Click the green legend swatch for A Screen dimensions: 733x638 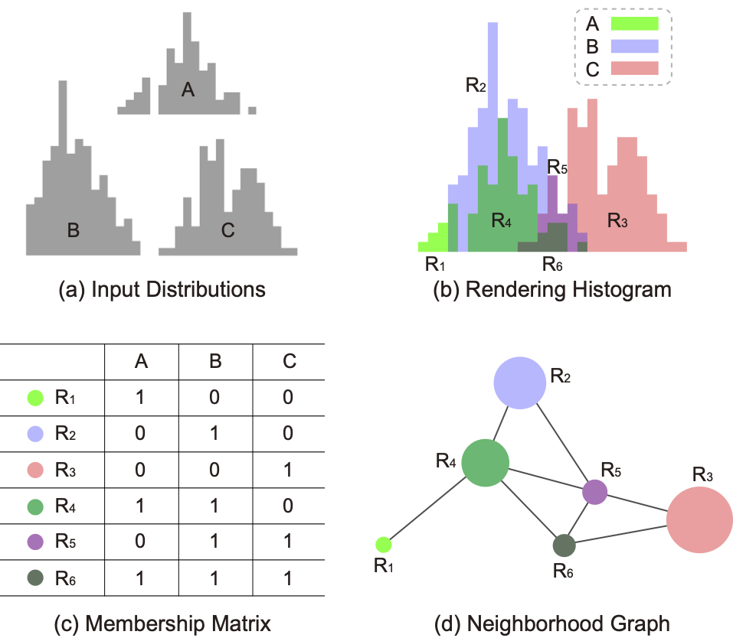(634, 24)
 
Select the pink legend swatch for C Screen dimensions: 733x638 (634, 68)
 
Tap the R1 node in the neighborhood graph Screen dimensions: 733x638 (383, 545)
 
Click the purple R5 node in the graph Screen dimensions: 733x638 (594, 492)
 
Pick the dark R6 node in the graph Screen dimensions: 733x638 (564, 545)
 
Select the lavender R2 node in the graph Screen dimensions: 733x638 (520, 383)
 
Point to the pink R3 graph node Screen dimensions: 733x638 (699, 520)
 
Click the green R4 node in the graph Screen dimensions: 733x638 (486, 463)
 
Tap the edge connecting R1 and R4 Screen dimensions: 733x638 (427, 508)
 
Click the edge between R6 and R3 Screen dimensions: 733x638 (621, 534)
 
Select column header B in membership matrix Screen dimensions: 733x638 (215, 361)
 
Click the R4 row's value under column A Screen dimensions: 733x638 (139, 506)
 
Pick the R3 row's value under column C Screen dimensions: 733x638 (288, 470)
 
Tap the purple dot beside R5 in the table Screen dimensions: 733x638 (35, 542)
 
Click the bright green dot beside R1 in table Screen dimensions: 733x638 (35, 398)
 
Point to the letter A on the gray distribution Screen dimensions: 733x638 (188, 90)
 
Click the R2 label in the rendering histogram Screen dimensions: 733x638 (476, 85)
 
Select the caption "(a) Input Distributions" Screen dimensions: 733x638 (162, 290)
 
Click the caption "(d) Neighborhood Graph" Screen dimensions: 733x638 (552, 624)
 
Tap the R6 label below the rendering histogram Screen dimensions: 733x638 (552, 265)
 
